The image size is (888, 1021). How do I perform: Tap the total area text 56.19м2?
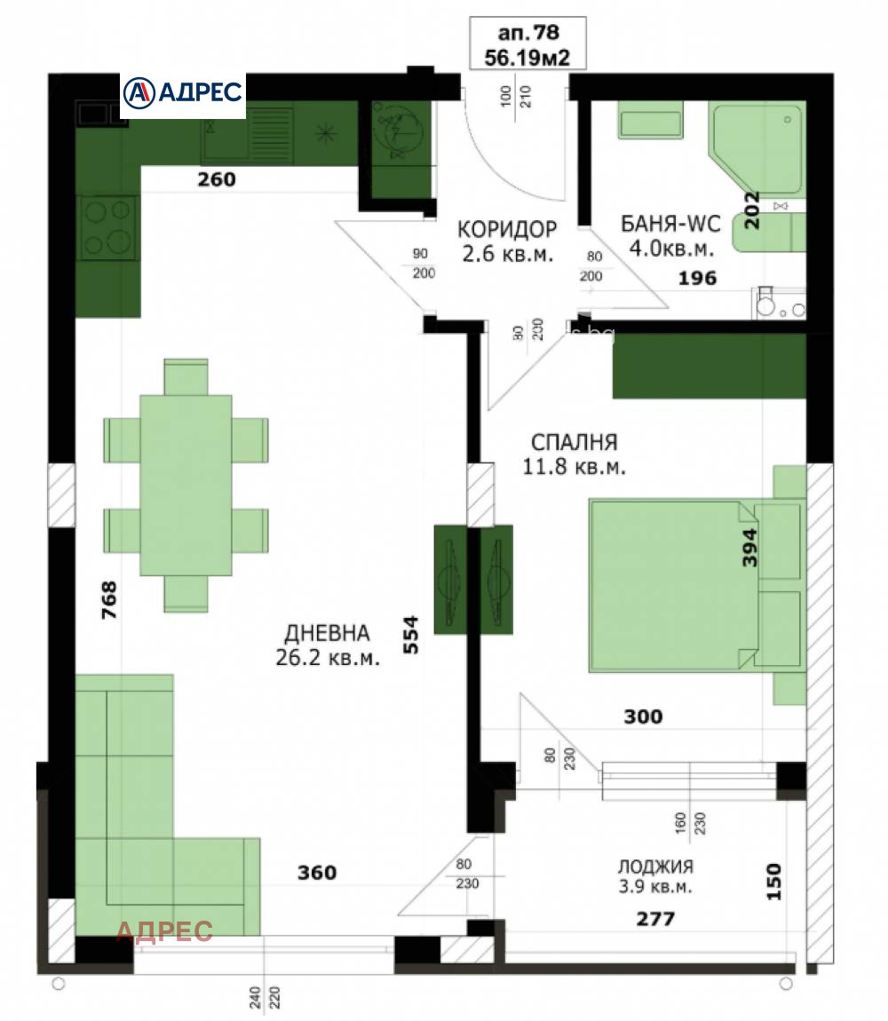(x=528, y=57)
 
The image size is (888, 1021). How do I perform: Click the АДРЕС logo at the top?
(x=182, y=91)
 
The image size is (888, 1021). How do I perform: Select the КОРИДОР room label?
(x=507, y=229)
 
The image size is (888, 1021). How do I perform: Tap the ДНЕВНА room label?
(x=327, y=633)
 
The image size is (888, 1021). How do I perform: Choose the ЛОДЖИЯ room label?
(x=655, y=867)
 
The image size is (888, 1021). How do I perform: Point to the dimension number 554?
(x=411, y=635)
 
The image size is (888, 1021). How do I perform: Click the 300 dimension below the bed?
(x=643, y=716)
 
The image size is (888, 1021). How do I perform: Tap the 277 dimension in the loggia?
(x=655, y=919)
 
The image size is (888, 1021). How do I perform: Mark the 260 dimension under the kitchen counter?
(x=217, y=179)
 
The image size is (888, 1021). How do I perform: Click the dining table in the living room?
(x=186, y=485)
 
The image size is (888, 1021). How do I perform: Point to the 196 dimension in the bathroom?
(x=697, y=278)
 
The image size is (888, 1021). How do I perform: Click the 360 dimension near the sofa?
(x=317, y=873)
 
